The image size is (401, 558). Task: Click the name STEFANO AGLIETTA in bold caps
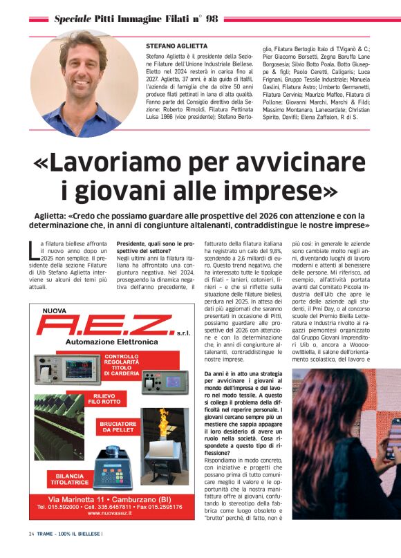[x=176, y=45]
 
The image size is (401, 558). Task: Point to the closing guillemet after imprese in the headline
[x=328, y=190]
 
